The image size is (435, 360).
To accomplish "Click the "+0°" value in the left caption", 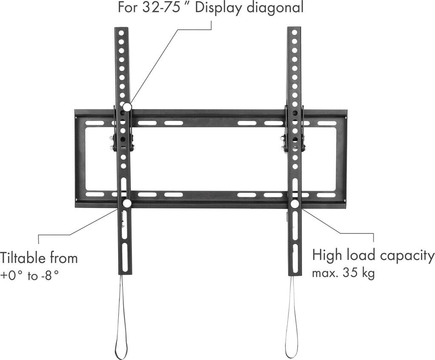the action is coord(12,276).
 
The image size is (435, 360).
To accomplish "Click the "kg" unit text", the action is coord(368,273).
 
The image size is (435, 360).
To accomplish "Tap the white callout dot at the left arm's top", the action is coord(127,107).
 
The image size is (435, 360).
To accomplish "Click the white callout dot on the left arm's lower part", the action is coord(127,204).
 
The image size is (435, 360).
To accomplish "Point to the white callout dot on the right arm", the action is coord(294,204).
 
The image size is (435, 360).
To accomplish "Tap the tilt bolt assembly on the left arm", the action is coord(122,143).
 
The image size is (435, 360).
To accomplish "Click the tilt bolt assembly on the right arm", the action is coord(293,142).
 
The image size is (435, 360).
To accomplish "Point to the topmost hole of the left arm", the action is coord(121,33).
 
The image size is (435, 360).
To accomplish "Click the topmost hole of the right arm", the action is coord(294,32).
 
